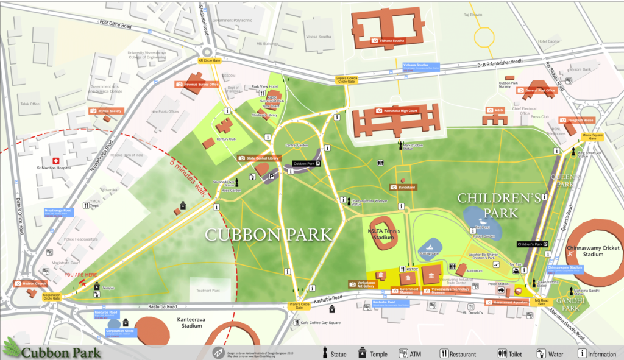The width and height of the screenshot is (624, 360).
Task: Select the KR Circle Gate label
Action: (x=209, y=61)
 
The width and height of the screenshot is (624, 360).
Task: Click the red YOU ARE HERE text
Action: (x=80, y=275)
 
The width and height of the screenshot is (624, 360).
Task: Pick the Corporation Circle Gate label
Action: (x=52, y=297)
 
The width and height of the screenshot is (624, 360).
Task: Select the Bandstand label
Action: (x=406, y=187)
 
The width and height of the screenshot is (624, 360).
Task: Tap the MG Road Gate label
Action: (x=542, y=301)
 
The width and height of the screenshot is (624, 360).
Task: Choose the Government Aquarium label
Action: (x=511, y=302)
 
